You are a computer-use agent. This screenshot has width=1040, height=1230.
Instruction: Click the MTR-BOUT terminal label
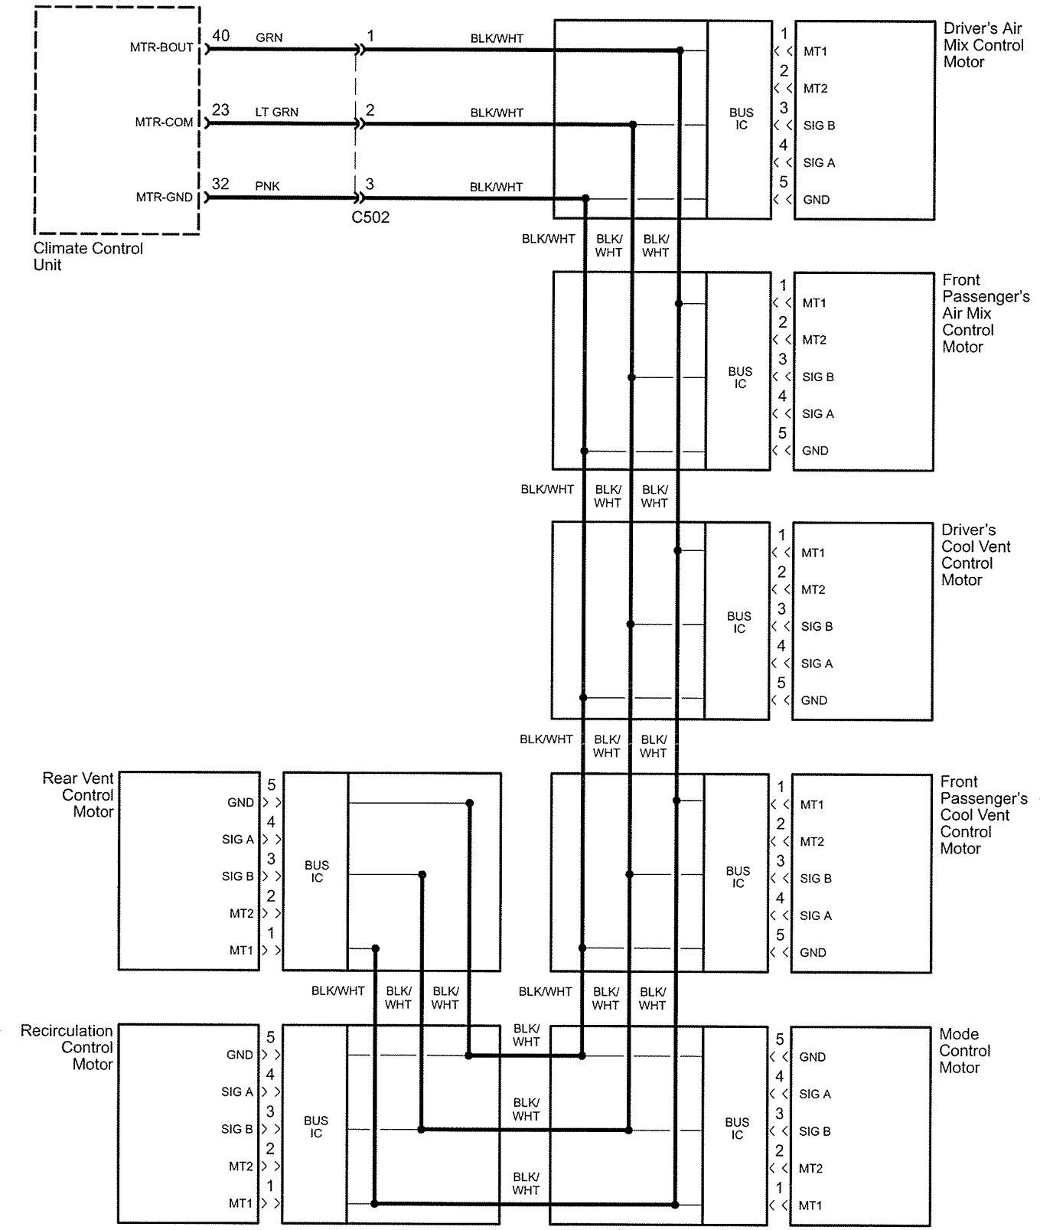[x=161, y=47]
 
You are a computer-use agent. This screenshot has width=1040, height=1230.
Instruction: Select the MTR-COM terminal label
[x=165, y=122]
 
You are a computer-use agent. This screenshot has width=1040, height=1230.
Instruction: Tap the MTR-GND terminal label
[x=165, y=197]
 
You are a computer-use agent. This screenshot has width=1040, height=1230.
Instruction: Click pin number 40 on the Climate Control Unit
[x=220, y=36]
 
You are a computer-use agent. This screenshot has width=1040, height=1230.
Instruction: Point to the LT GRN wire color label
[x=276, y=112]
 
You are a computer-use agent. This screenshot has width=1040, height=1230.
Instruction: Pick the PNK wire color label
[x=267, y=186]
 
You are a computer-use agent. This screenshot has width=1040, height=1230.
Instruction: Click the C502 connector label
[x=370, y=217]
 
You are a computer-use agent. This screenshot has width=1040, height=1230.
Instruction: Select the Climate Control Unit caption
[x=88, y=256]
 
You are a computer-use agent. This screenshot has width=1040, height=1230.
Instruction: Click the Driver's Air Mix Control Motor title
[x=983, y=45]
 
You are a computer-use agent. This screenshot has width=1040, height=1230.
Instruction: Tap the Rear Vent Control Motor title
[x=79, y=795]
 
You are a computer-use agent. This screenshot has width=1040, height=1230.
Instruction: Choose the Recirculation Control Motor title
[x=67, y=1047]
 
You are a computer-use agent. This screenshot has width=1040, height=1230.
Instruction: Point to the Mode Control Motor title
[x=964, y=1051]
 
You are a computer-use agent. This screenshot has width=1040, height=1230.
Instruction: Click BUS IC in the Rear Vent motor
[x=316, y=872]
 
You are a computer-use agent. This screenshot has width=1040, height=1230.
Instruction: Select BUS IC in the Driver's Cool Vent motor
[x=738, y=622]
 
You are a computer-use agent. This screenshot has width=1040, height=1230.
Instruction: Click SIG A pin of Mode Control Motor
[x=814, y=1095]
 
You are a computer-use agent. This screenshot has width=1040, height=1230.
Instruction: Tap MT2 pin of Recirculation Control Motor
[x=240, y=1166]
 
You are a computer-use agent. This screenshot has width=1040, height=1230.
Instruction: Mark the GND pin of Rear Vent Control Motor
[x=240, y=803]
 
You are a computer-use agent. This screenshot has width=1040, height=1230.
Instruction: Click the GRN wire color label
[x=269, y=38]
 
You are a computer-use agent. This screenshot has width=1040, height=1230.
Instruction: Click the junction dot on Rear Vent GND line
[x=470, y=803]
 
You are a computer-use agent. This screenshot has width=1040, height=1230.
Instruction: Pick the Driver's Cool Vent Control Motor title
[x=975, y=555]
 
